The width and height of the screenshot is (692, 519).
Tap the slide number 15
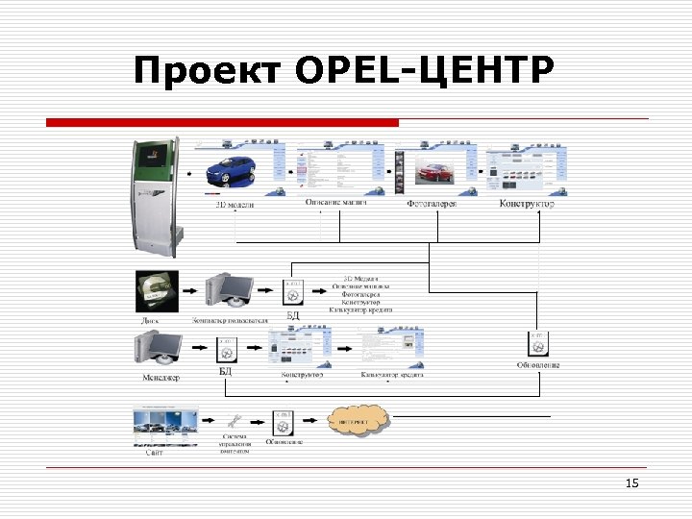[x=631, y=483]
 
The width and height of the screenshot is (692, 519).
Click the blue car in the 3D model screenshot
[x=232, y=170]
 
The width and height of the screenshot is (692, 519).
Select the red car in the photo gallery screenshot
[x=437, y=173]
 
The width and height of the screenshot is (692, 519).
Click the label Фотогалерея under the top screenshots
[x=432, y=204]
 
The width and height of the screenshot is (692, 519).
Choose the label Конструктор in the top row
[x=527, y=204]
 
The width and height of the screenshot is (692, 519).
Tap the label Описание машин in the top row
[x=335, y=203]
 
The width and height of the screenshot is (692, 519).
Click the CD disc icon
[x=155, y=287]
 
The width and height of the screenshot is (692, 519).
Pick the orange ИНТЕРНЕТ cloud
[x=358, y=421]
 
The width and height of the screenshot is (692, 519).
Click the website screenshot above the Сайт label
[x=165, y=427]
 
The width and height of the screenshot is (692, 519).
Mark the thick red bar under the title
[x=223, y=123]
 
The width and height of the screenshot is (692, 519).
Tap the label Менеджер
[x=161, y=378]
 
